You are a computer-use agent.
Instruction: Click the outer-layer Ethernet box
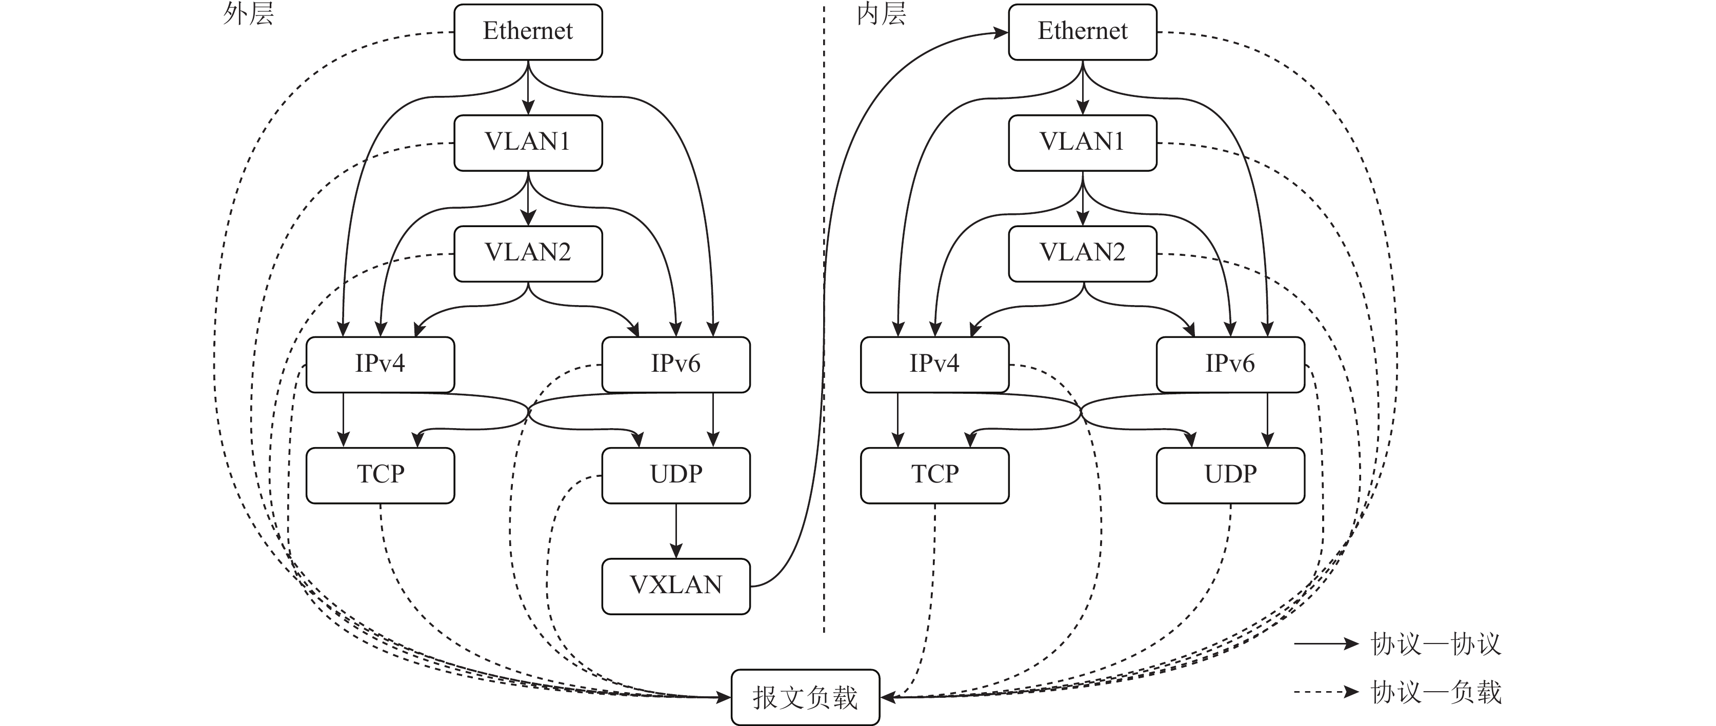(x=528, y=31)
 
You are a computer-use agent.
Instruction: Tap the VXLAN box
(x=675, y=586)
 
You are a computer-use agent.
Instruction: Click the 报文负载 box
(x=805, y=697)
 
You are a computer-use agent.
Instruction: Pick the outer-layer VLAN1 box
(x=528, y=143)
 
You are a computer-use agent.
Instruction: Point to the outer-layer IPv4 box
(x=380, y=365)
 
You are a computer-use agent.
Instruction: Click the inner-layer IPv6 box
(x=1230, y=365)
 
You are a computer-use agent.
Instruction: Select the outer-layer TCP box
(x=380, y=475)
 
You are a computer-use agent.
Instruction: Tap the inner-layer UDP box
(x=1230, y=475)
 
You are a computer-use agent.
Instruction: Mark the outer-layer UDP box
(x=675, y=475)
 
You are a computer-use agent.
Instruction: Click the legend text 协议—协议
(x=1435, y=644)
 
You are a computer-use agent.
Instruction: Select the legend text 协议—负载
(x=1435, y=692)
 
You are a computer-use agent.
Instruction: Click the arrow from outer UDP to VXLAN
(x=675, y=531)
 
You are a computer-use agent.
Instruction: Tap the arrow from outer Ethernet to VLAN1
(x=528, y=88)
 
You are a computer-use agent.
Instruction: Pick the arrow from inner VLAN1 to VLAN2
(x=1083, y=198)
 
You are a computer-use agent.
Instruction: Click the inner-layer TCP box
(x=934, y=475)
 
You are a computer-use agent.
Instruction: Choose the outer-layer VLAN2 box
(x=528, y=253)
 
